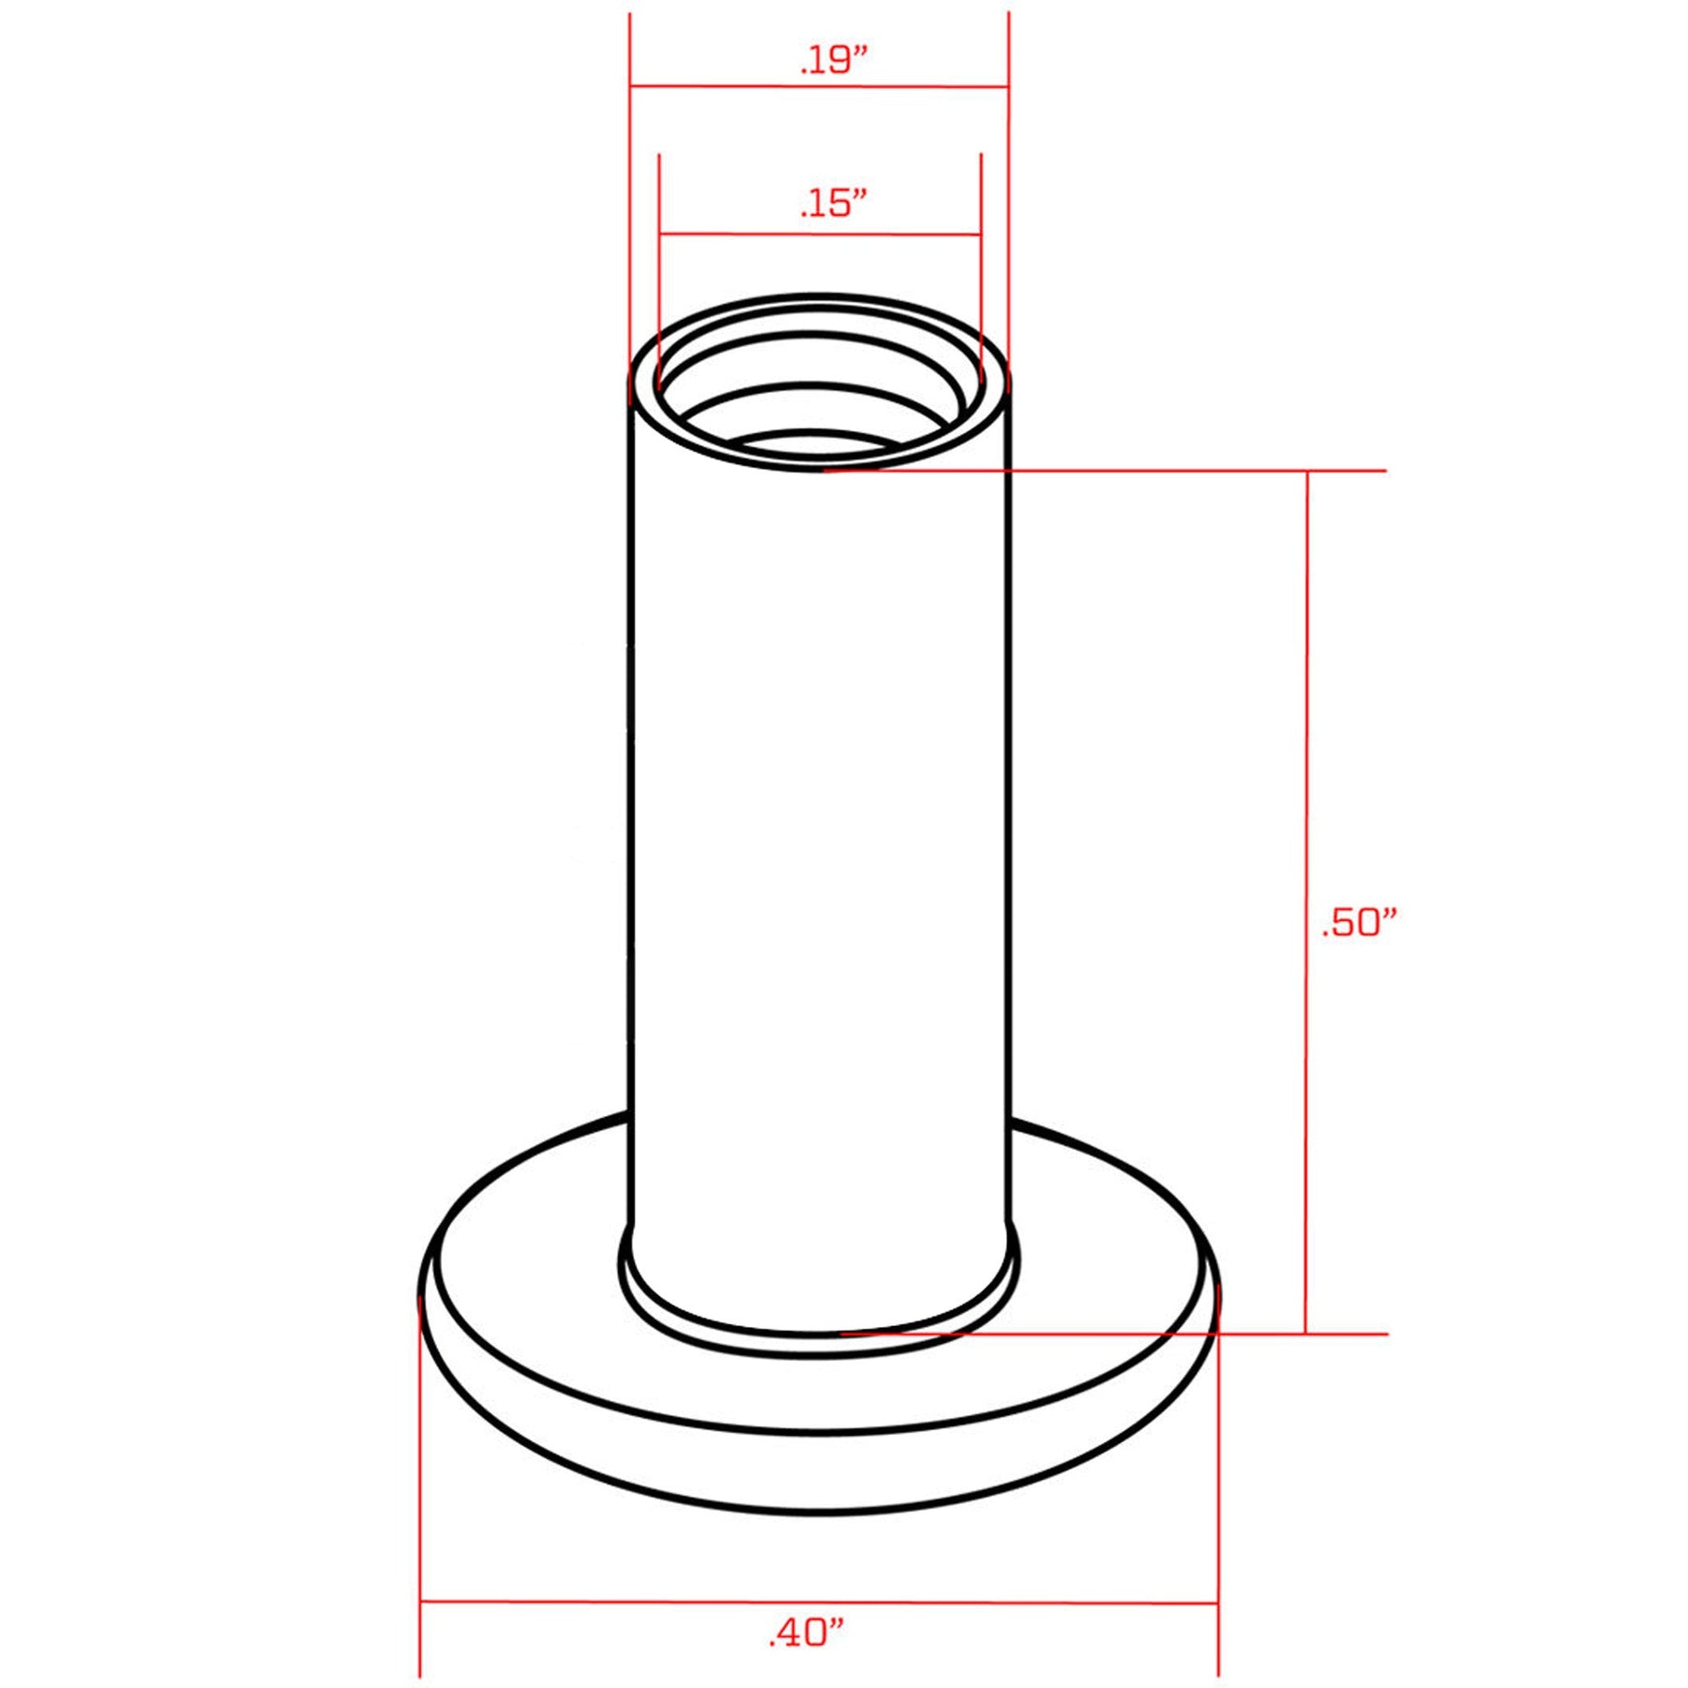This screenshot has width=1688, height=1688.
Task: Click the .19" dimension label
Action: point(834,60)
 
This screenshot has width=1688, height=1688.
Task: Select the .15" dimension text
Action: point(833,203)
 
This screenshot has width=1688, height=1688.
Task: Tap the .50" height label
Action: point(1359,923)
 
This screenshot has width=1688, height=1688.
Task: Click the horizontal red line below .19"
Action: point(820,87)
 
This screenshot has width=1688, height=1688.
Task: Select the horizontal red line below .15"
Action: point(821,234)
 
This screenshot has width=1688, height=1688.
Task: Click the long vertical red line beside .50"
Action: point(1306,902)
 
